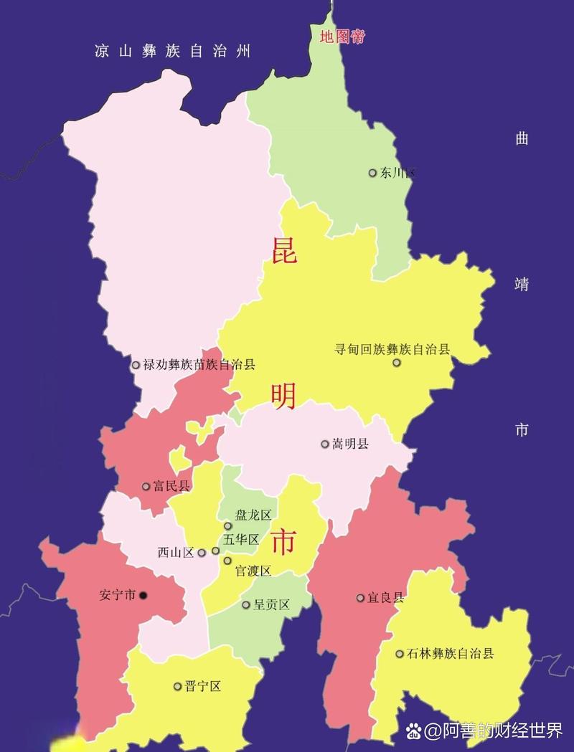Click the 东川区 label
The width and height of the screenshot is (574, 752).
pyautogui.click(x=398, y=173)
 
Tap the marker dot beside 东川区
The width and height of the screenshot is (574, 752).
pyautogui.click(x=372, y=173)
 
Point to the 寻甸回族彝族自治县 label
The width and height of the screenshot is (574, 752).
pyautogui.click(x=392, y=349)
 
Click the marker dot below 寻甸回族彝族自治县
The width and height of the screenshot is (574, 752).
pyautogui.click(x=397, y=363)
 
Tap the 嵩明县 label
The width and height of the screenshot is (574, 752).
pyautogui.click(x=350, y=444)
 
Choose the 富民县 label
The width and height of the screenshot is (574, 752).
pyautogui.click(x=171, y=486)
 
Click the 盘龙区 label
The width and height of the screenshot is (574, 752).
pyautogui.click(x=253, y=515)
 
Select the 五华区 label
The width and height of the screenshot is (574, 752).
pyautogui.click(x=241, y=539)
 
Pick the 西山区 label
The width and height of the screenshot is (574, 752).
pyautogui.click(x=176, y=553)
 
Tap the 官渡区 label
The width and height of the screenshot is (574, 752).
pyautogui.click(x=253, y=571)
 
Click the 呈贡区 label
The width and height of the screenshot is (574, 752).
pyautogui.click(x=271, y=605)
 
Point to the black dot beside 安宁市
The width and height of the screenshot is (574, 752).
pyautogui.click(x=143, y=595)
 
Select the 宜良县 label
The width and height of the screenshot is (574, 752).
pyautogui.click(x=385, y=598)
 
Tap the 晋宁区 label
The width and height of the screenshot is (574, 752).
pyautogui.click(x=202, y=686)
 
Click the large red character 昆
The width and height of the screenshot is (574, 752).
pyautogui.click(x=284, y=249)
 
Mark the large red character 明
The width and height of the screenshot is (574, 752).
pyautogui.click(x=284, y=396)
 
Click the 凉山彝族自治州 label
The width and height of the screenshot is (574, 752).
pyautogui.click(x=173, y=51)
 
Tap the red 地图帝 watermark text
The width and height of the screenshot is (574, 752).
pyautogui.click(x=342, y=37)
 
